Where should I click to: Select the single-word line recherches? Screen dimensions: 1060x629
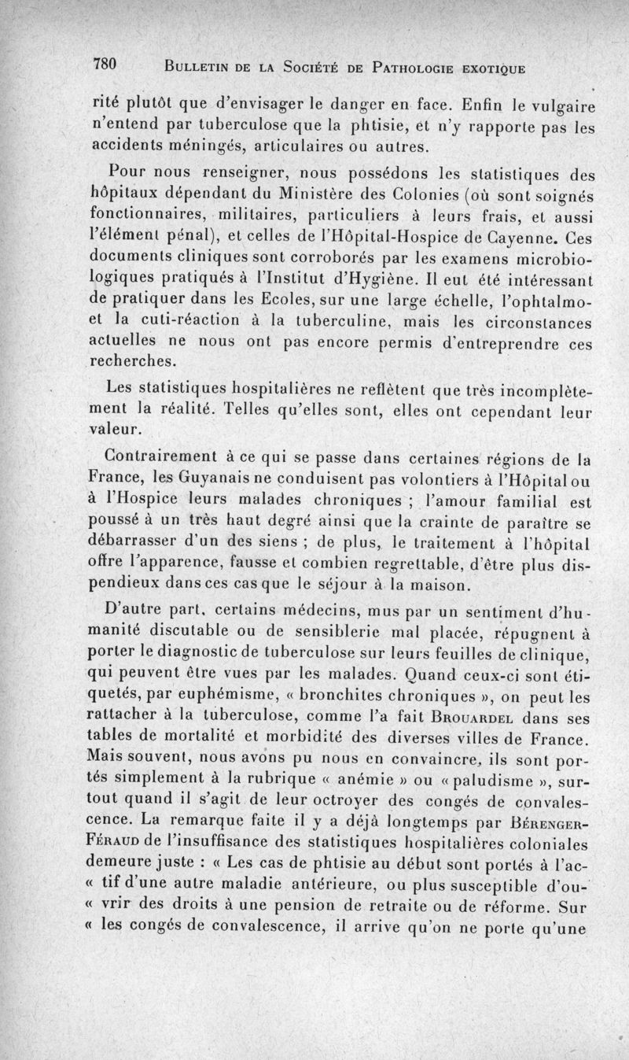133,362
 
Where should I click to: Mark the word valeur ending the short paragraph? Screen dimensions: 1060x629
113,429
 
